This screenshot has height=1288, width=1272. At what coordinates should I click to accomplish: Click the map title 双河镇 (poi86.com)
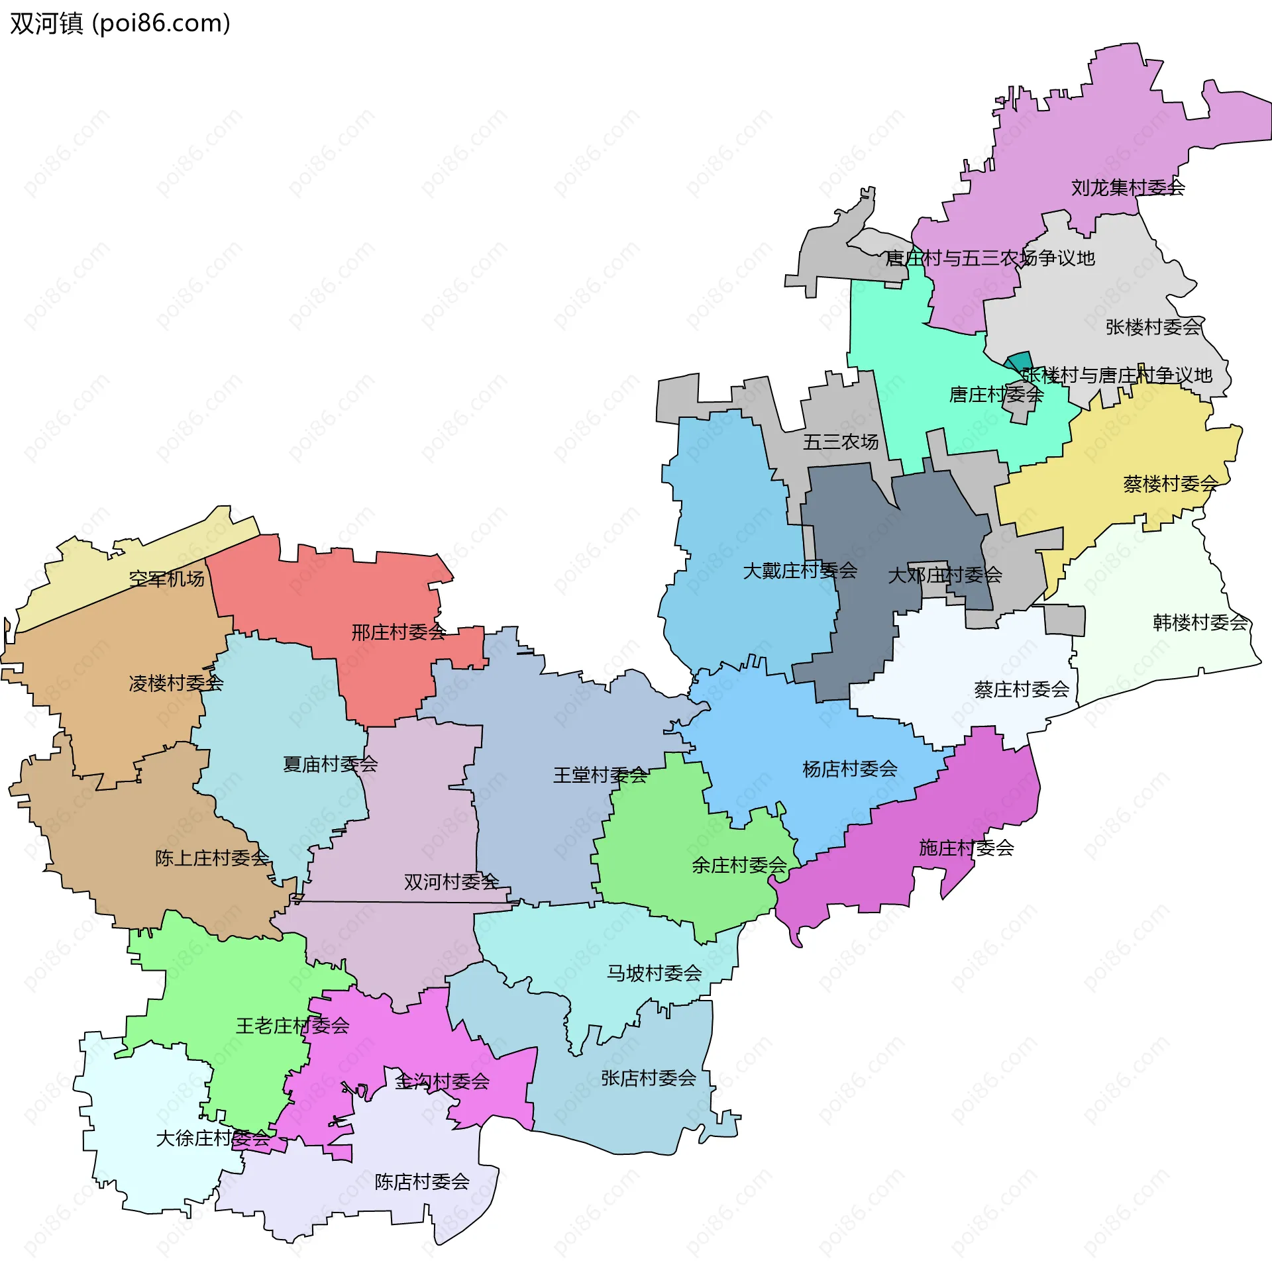[120, 24]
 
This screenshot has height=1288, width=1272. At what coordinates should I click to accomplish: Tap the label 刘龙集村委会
[1128, 188]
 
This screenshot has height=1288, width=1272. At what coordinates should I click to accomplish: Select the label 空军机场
[167, 579]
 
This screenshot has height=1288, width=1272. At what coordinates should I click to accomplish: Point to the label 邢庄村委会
[398, 632]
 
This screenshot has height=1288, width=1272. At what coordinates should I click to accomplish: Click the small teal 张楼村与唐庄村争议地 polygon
[1019, 361]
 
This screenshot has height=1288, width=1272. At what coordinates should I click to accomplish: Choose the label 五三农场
[840, 442]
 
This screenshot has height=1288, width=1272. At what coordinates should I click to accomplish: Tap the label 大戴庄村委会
[799, 571]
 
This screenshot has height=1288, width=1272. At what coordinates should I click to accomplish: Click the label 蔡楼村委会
[1170, 484]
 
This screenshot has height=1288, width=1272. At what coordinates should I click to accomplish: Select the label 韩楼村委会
[1199, 622]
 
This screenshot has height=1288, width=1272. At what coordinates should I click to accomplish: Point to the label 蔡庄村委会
[1020, 689]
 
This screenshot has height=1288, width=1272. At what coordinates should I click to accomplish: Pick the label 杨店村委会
[849, 769]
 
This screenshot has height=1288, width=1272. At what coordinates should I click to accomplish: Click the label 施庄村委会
[966, 848]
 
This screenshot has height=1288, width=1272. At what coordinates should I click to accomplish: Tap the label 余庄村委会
[739, 866]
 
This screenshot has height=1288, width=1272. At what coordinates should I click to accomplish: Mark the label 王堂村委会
[600, 775]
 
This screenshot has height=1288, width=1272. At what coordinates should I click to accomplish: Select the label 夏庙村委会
[330, 764]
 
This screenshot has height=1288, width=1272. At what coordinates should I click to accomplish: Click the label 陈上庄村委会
[211, 858]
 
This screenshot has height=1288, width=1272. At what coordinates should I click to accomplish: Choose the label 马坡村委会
[654, 973]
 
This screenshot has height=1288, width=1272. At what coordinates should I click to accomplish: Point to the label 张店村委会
[649, 1079]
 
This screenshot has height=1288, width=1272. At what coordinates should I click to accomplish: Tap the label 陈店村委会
[421, 1182]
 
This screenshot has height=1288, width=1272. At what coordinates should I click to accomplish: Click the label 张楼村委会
[1153, 327]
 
